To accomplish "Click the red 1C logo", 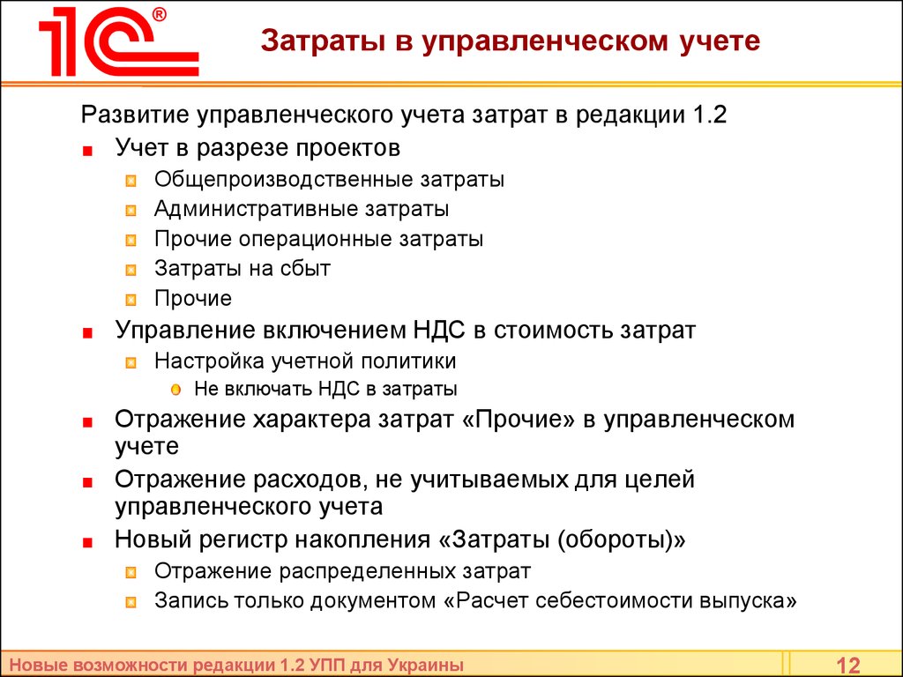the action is tap(119, 41).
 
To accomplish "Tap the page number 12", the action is tap(847, 666).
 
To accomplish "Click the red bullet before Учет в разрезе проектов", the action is tap(87, 152).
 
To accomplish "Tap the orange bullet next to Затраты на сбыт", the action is tap(131, 270).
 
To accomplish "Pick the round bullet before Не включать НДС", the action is tap(175, 390).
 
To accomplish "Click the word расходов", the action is tap(307, 480).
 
